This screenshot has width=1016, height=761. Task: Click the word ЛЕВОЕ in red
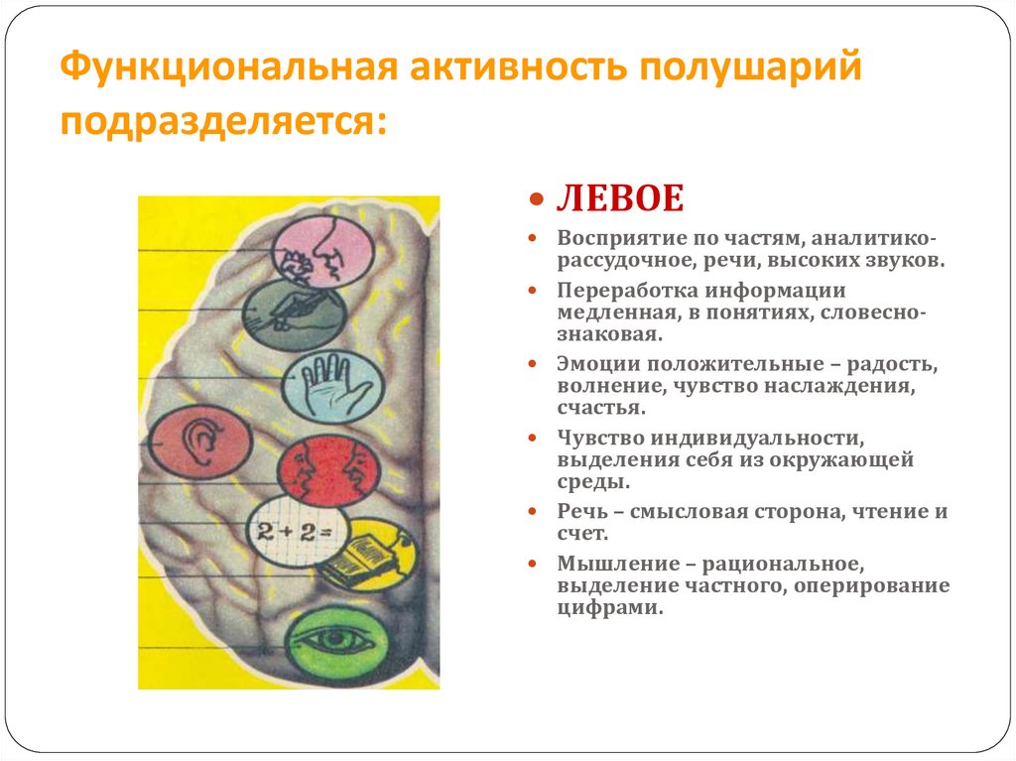tap(619, 198)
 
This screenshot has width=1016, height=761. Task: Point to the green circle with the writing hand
tap(294, 316)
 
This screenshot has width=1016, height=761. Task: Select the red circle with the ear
tap(200, 442)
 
